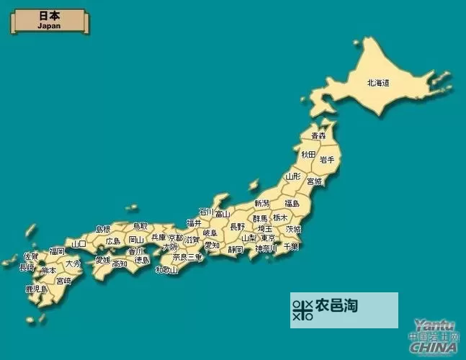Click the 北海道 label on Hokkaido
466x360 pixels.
coord(377,83)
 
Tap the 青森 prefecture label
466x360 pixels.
coord(318,135)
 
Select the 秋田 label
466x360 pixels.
coord(308,154)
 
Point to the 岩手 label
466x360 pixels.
coord(328,159)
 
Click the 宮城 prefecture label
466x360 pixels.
coord(314,181)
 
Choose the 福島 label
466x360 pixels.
coord(292,203)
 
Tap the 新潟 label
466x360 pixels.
coord(261,204)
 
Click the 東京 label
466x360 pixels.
coord(268,238)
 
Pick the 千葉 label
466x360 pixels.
coord(291,246)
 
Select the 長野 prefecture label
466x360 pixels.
coord(237,226)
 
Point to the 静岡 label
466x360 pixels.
coord(236,249)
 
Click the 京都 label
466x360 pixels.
coord(176,238)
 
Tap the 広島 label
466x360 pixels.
coord(113,240)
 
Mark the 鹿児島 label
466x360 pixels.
coord(35,289)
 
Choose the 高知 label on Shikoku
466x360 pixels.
coord(120,264)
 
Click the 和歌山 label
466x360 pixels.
coord(166,270)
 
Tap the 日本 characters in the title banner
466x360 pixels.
coord(48,15)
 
